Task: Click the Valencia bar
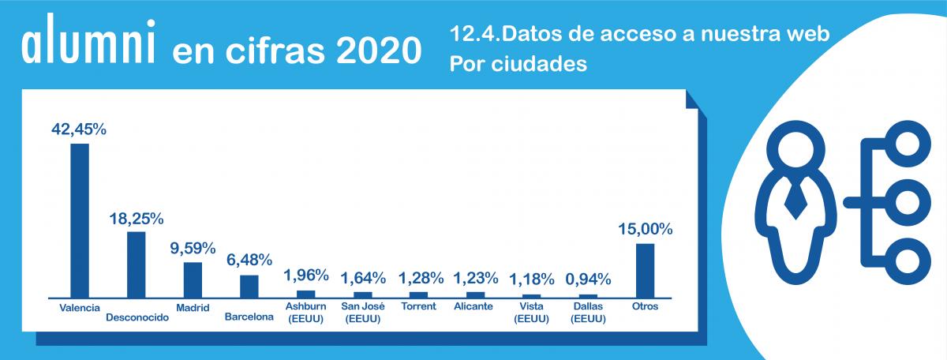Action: [x=80, y=219]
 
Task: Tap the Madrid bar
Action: [x=193, y=279]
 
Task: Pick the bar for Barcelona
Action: [x=249, y=285]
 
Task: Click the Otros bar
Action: [x=645, y=269]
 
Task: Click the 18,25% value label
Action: [x=136, y=217]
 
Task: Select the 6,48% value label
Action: [x=249, y=260]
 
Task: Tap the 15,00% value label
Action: [x=645, y=230]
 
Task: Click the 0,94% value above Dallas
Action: [x=589, y=278]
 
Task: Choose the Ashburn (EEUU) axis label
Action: [x=305, y=312]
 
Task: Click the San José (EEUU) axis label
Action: [x=362, y=312]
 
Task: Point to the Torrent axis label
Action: [x=418, y=306]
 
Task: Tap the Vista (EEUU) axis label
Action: [x=531, y=312]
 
